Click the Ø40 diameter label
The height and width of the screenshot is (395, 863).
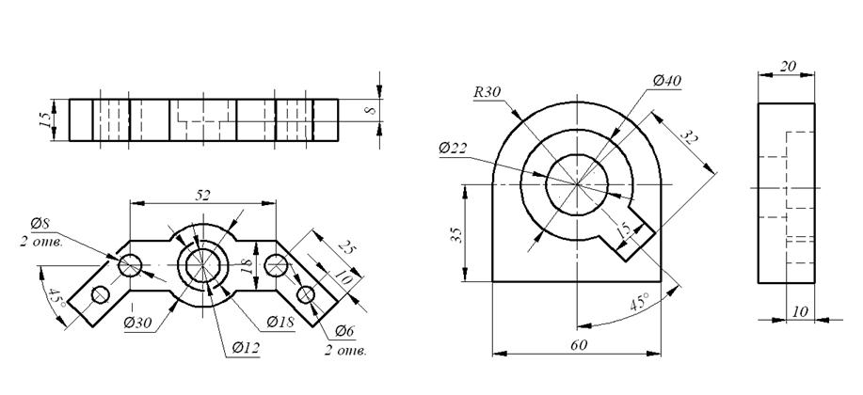(667, 81)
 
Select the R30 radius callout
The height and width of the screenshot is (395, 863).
(487, 92)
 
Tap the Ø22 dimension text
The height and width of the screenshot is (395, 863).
(453, 148)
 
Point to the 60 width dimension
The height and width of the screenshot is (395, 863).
(579, 345)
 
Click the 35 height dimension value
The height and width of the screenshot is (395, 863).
(455, 235)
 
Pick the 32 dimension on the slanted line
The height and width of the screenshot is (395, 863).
(689, 137)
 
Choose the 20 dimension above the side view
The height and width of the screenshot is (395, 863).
(788, 66)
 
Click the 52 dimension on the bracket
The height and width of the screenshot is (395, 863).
(203, 196)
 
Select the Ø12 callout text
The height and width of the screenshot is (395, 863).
(246, 348)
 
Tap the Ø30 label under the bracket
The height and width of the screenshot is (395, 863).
(137, 324)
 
